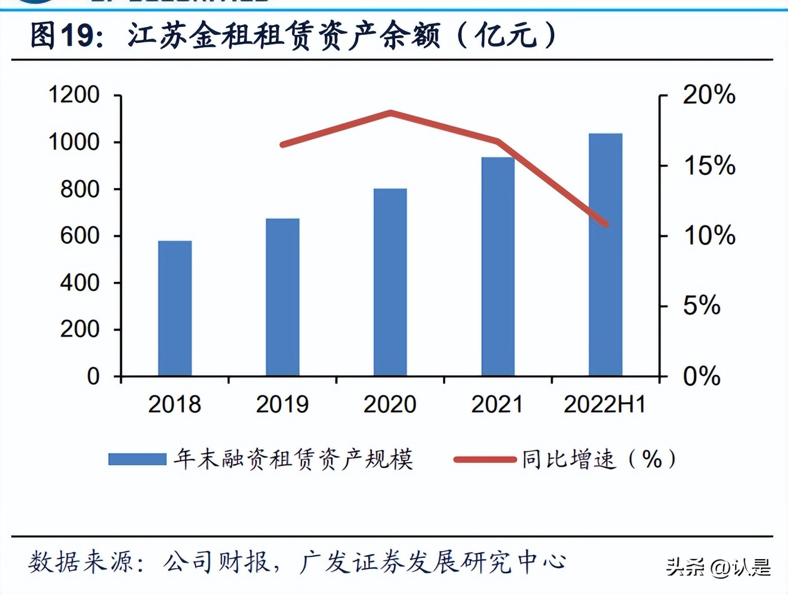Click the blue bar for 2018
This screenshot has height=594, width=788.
coord(175,308)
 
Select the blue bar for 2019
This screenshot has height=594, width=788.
coord(282,297)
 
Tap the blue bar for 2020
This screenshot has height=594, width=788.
coord(390,282)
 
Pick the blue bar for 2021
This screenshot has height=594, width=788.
coord(498,266)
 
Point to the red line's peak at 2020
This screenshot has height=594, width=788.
coord(391,113)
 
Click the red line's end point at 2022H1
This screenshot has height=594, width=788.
coord(606,224)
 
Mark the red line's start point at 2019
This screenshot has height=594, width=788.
coord(283,144)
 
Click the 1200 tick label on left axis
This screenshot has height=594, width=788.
coord(74,95)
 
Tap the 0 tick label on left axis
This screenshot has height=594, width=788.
coord(93,376)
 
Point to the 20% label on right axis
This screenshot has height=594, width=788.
coord(709,95)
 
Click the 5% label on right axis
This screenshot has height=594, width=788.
coord(702,306)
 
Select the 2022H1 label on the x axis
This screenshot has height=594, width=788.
coord(605,404)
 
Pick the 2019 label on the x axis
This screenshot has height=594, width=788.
coord(282,404)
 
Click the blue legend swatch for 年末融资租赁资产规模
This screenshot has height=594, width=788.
coord(137,459)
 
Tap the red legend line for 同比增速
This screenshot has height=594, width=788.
coord(485,459)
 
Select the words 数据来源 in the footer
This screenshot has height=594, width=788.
coord(83,562)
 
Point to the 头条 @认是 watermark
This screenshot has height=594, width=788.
coord(718,567)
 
